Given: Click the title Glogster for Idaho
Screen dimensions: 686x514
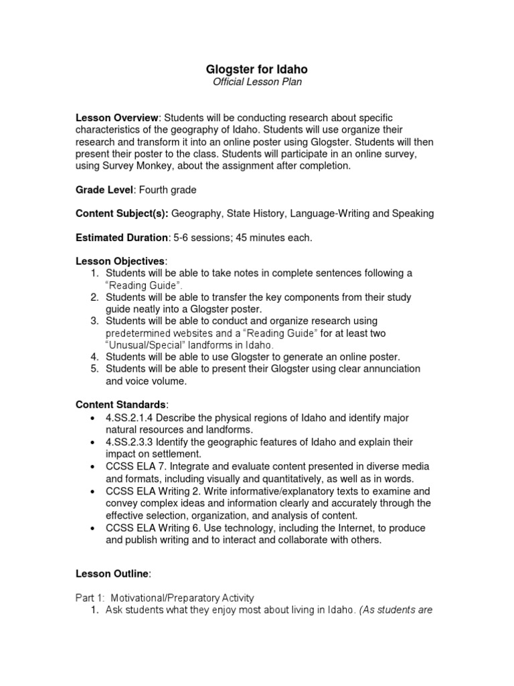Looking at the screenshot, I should [256, 70].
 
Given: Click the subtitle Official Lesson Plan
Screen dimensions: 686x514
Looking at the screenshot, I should [256, 82].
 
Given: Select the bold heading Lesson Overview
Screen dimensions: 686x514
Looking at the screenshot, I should [117, 117].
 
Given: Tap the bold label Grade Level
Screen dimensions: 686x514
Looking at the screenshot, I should [104, 190].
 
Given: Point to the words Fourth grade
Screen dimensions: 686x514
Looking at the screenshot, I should [168, 190].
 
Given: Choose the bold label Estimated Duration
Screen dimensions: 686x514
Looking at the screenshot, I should [122, 237].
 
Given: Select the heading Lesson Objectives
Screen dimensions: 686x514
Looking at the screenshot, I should [120, 261].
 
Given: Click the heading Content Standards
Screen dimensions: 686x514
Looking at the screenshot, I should [121, 405].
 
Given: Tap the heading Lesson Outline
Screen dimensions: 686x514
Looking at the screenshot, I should [112, 573].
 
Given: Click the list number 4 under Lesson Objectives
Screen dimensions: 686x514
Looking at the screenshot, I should [95, 356].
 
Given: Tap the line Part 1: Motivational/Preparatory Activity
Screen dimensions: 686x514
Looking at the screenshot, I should [165, 598].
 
